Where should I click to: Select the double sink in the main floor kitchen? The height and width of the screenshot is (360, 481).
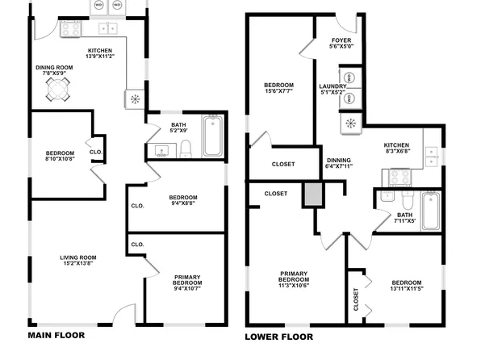[x=107, y=29]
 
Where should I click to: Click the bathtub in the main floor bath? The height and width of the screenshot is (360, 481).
[x=213, y=137]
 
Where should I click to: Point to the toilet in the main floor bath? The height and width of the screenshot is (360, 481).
[x=186, y=148]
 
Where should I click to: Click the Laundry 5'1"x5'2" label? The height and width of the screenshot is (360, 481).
[x=333, y=90]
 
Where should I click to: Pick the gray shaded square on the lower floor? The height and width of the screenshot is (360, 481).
[x=313, y=195]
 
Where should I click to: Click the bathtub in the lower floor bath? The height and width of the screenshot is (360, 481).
[x=430, y=211]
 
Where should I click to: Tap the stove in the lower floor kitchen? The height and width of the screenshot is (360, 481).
[x=401, y=177]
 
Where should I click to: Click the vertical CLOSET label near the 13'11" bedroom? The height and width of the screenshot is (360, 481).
[x=356, y=299]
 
